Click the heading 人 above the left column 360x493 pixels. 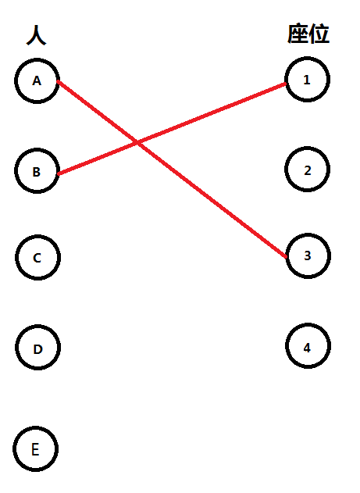(37, 35)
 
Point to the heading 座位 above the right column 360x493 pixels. (308, 34)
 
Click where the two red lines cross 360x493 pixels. (137, 143)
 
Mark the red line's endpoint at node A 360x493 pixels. (58, 82)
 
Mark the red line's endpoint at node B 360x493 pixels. (59, 173)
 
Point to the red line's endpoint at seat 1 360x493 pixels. (286, 84)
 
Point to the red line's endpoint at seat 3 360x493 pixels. (287, 257)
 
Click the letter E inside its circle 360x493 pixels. (35, 449)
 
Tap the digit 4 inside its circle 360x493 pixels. (307, 348)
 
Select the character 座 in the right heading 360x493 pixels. (298, 34)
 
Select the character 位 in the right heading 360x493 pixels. (319, 34)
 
